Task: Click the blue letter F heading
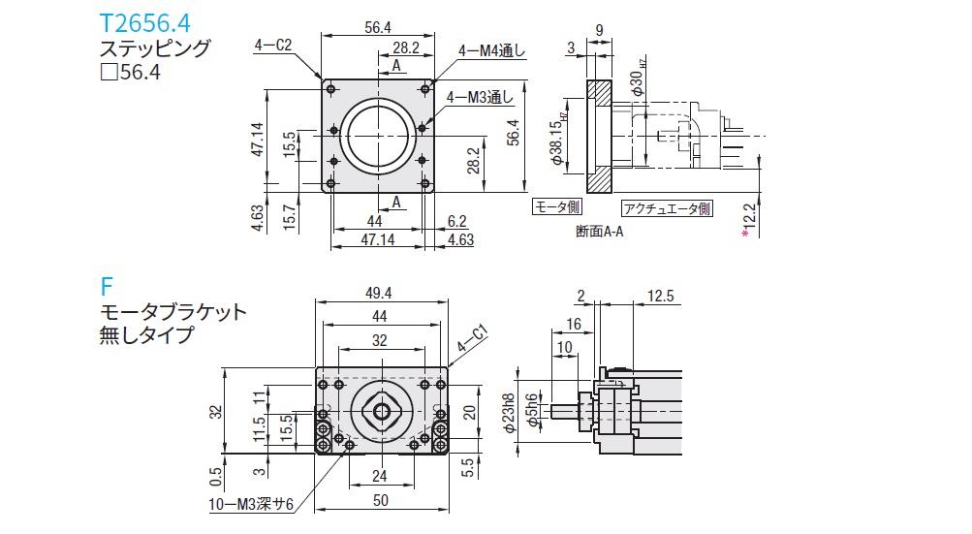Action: tap(107, 286)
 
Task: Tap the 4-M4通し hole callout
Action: tap(492, 51)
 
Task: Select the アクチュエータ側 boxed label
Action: tap(667, 207)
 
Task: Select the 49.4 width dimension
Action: tap(380, 292)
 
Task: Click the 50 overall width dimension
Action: tap(380, 498)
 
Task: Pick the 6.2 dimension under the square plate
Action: tap(457, 221)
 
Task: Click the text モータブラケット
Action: tap(173, 312)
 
